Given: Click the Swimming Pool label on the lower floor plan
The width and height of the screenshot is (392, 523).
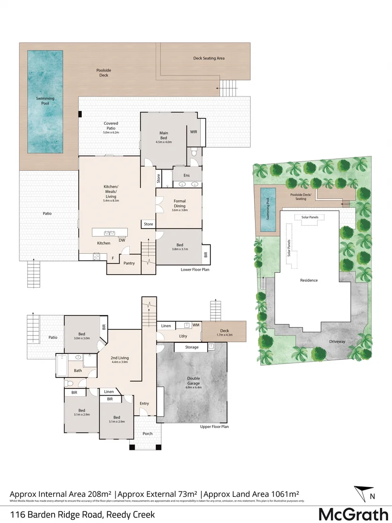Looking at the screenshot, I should pyautogui.click(x=45, y=101).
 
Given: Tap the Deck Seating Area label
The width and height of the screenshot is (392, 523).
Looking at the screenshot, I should pyautogui.click(x=209, y=58).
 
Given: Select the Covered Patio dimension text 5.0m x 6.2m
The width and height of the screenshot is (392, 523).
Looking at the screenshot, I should pyautogui.click(x=111, y=132).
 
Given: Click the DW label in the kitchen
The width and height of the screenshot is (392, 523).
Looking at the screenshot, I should pyautogui.click(x=122, y=240).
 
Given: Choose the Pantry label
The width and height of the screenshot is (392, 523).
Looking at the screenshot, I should pyautogui.click(x=129, y=263).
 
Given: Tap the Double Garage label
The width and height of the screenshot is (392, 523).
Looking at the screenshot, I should pyautogui.click(x=194, y=381).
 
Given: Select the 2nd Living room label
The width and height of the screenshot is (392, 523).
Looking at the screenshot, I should pyautogui.click(x=119, y=359).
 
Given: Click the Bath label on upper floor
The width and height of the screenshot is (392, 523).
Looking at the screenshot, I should pyautogui.click(x=78, y=371).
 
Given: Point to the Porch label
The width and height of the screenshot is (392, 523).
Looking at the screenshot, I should pyautogui.click(x=147, y=433).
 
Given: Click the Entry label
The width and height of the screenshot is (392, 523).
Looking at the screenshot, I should pyautogui.click(x=144, y=403).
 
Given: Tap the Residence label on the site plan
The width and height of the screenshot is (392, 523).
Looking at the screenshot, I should pyautogui.click(x=309, y=280).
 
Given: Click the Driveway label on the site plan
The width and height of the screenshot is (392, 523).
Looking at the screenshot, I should pyautogui.click(x=338, y=341).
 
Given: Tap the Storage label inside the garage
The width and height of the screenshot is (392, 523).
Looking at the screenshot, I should pyautogui.click(x=192, y=347).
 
